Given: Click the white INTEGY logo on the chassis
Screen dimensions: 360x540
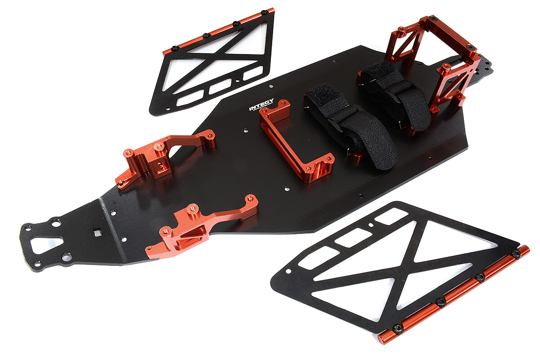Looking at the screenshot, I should (261, 105).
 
